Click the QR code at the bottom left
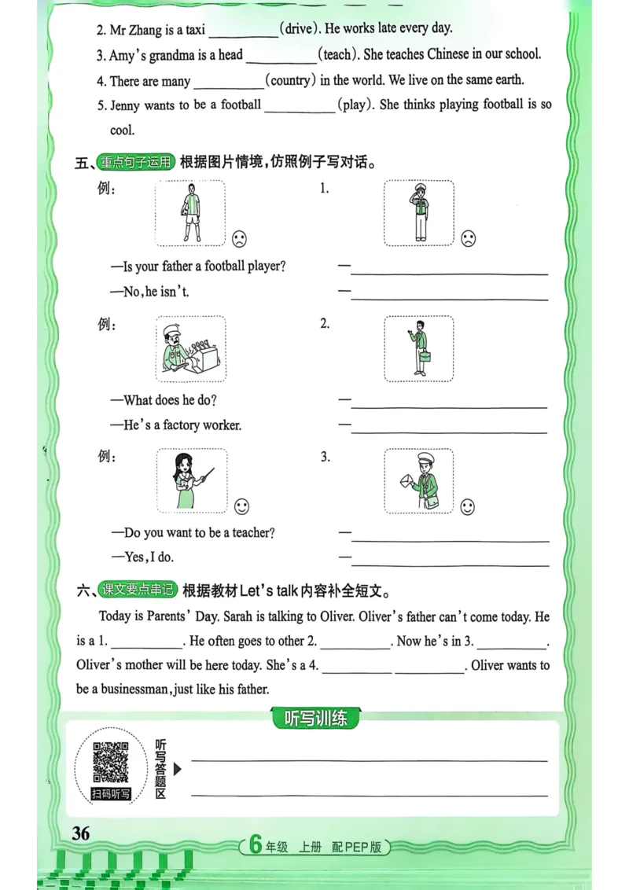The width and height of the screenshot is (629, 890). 111,762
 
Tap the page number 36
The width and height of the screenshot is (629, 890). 81,834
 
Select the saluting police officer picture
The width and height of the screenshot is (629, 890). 418,213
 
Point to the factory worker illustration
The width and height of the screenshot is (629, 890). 189,348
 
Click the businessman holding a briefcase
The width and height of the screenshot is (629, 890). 418,347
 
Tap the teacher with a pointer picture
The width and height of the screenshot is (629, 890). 189,480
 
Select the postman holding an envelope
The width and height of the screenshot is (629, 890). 418,481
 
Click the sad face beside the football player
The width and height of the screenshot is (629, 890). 238,238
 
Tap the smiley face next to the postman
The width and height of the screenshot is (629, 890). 468,507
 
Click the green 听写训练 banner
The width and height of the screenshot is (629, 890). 314,719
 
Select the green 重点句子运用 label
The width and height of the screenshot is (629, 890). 134,163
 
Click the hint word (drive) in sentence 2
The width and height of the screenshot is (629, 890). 299,29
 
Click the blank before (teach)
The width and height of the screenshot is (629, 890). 280,56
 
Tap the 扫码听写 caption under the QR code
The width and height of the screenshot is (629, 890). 111,794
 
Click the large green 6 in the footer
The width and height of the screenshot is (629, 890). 254,845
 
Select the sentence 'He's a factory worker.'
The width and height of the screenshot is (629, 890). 182,425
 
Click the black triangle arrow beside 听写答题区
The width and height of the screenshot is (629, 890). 178,768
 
